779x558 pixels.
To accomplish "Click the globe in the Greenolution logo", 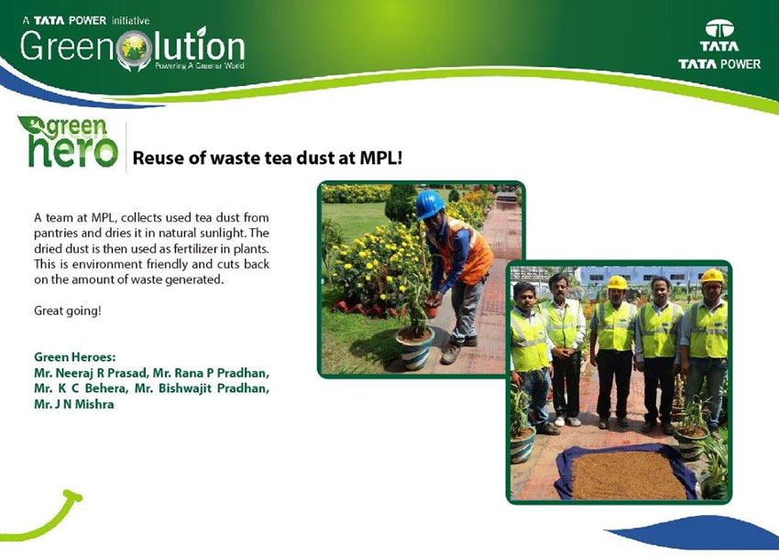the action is coord(135,49).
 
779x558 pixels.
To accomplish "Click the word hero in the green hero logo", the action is coord(73,152).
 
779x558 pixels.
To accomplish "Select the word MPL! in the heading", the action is coord(381,158).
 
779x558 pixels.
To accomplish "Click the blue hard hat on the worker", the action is coord(429,203).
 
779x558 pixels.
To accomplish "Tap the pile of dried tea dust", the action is coord(629,475).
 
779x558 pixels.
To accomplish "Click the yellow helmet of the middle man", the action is coord(617,282).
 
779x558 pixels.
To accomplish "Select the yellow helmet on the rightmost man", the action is coord(712,276).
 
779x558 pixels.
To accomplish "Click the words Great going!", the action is coord(68,311).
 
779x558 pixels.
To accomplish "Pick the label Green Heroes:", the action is coord(75,356).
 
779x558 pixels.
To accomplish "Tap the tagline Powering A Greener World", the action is coord(199,66).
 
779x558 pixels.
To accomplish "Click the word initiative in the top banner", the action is coord(130,21).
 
